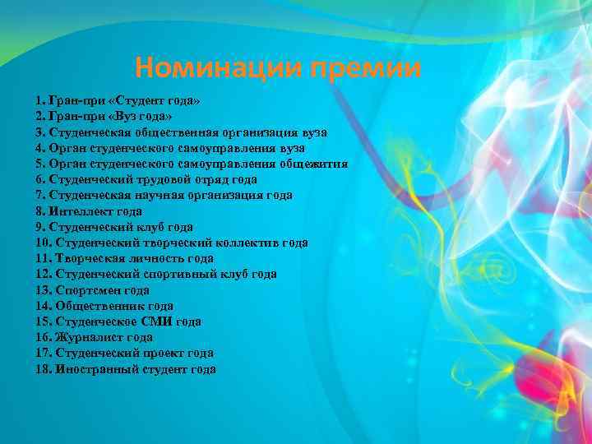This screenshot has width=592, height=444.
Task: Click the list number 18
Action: pyautogui.click(x=43, y=369)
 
